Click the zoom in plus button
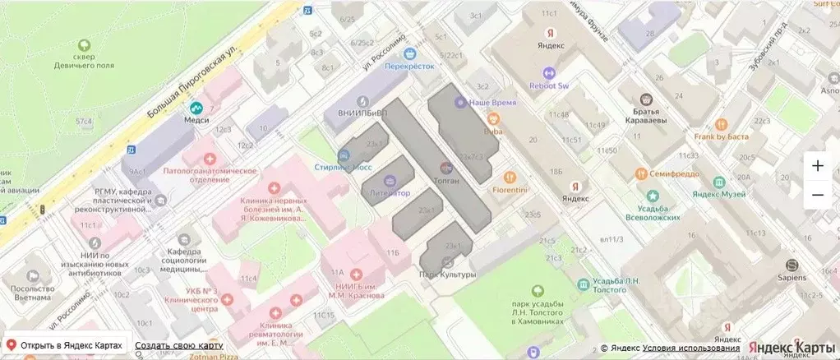click(x=817, y=165)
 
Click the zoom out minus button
click(x=817, y=195)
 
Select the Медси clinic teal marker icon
click(x=196, y=108)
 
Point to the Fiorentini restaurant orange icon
click(x=510, y=176)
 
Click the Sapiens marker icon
click(x=792, y=265)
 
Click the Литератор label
click(x=390, y=193)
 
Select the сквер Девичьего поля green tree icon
click(x=83, y=47)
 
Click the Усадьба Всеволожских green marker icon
click(x=653, y=196)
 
